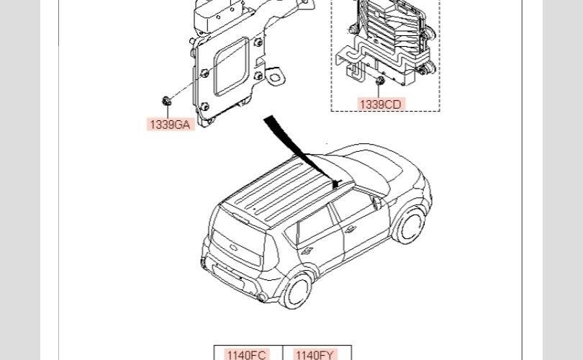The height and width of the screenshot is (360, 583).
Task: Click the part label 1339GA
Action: (x=171, y=125)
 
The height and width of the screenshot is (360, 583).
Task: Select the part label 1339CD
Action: (x=381, y=104)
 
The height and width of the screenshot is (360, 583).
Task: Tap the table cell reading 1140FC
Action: (x=246, y=354)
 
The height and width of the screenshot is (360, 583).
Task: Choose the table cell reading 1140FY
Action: (x=315, y=354)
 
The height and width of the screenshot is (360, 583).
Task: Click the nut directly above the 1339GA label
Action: (x=166, y=100)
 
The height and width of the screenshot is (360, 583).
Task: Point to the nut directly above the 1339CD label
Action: (x=379, y=80)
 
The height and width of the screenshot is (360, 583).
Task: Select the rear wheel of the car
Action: (x=297, y=291)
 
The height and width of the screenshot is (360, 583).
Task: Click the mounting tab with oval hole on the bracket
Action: (x=277, y=73)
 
